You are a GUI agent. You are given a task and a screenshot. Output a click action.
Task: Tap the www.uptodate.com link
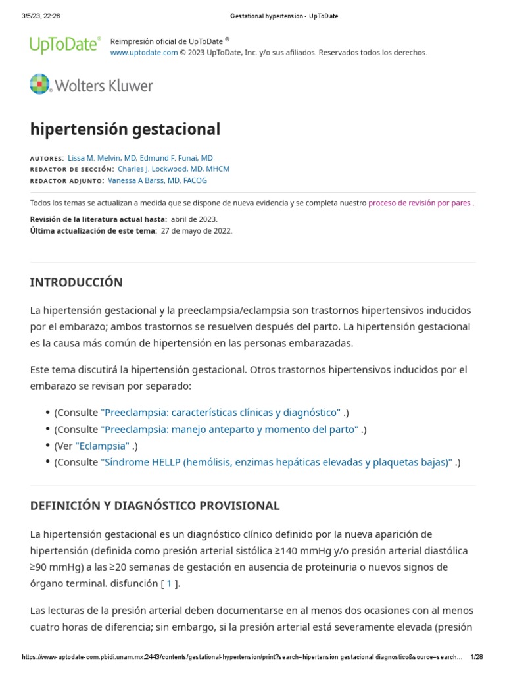(143, 53)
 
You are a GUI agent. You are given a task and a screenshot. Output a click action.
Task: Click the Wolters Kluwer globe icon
(39, 84)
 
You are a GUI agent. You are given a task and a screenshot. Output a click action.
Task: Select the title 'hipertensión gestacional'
(125, 129)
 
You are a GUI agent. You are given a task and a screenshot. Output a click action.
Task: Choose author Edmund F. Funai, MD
(176, 158)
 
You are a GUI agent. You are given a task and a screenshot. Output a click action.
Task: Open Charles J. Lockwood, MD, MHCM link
(174, 169)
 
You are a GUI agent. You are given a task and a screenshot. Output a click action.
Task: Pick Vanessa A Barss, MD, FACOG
(157, 180)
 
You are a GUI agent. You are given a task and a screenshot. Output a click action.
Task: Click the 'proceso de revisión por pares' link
(419, 203)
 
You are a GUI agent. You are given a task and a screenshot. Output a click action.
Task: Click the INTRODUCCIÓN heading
(76, 282)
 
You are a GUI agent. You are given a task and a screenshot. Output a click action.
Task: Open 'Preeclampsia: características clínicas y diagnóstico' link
(220, 413)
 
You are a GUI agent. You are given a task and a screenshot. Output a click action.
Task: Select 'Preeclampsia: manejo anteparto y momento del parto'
(229, 429)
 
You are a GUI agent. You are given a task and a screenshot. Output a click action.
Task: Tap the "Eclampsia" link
(103, 446)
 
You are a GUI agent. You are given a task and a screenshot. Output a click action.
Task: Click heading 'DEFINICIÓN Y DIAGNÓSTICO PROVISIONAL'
(155, 505)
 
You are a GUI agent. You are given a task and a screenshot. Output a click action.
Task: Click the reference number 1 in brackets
(169, 583)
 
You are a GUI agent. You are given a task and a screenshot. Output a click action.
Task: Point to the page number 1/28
(477, 657)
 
